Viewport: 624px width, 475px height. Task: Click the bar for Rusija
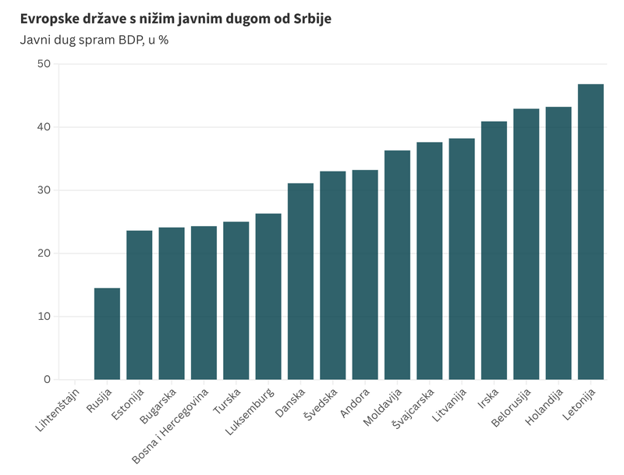click(107, 334)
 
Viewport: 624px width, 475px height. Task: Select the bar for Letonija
click(590, 232)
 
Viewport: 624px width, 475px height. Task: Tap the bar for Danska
click(300, 282)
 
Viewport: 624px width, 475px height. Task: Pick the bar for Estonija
click(140, 305)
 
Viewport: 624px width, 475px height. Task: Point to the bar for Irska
click(494, 250)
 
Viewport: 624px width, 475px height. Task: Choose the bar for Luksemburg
click(268, 296)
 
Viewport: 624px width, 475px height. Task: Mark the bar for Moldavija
click(397, 265)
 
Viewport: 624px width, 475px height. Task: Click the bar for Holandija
click(558, 243)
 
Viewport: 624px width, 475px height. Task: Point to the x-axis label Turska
click(237, 400)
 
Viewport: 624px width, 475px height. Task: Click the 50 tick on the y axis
click(43, 64)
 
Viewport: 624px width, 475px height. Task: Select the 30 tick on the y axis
click(43, 190)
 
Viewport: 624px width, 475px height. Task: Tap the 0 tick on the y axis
click(47, 380)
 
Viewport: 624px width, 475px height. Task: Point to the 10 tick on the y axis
click(43, 317)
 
